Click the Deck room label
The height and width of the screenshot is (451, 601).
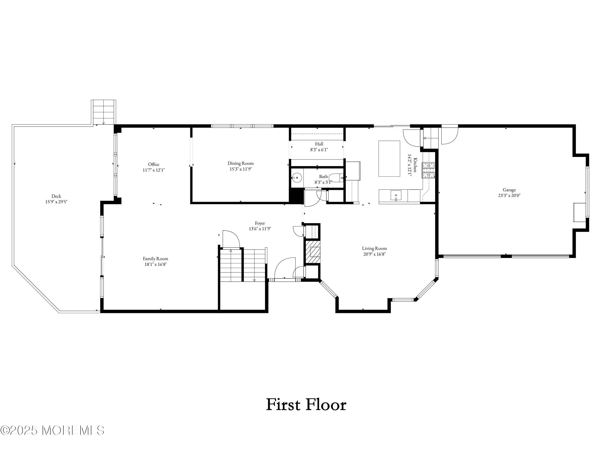coord(56,196)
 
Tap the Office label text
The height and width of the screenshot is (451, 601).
coord(153,164)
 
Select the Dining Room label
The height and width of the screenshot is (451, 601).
coord(240,163)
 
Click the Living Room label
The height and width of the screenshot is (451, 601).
coord(374,248)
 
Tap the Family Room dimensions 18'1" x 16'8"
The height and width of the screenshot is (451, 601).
coord(155,264)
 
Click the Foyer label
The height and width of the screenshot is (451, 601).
coord(260,223)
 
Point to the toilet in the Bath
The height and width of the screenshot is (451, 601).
coord(337,178)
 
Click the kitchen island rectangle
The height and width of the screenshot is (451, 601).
coord(389,159)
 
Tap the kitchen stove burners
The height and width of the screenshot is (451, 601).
coord(428,170)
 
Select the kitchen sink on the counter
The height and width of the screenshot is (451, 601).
coord(396,195)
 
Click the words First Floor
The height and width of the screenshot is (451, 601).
coord(306,404)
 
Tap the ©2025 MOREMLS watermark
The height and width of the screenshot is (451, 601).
coord(52,430)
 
